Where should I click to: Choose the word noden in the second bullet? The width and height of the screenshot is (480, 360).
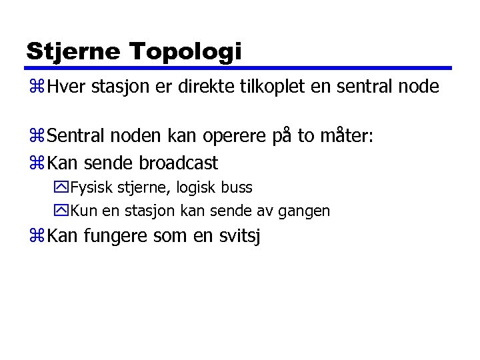(x=133, y=137)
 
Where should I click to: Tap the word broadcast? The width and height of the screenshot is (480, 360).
(x=179, y=162)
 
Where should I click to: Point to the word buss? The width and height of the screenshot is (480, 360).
(x=236, y=187)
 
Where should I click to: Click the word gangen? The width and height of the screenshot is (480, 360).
(x=305, y=211)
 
